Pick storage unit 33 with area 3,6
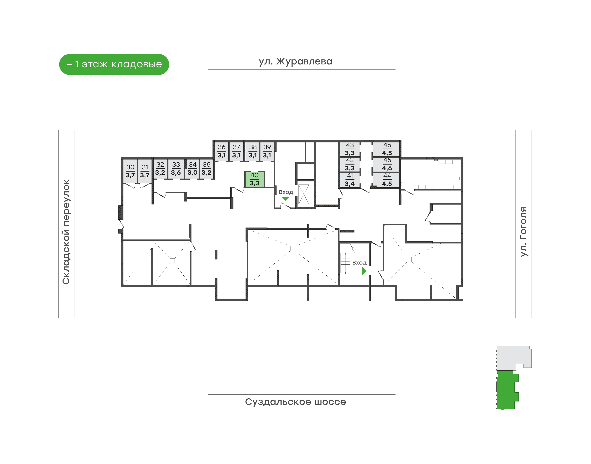176,169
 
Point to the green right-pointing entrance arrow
364,271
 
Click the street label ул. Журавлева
295,62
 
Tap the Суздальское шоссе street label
295,402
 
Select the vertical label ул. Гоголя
523,231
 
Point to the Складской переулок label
66,232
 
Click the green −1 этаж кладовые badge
114,64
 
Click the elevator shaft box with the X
304,194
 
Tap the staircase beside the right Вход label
345,263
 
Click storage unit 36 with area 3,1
222,151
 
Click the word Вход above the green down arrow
286,192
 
